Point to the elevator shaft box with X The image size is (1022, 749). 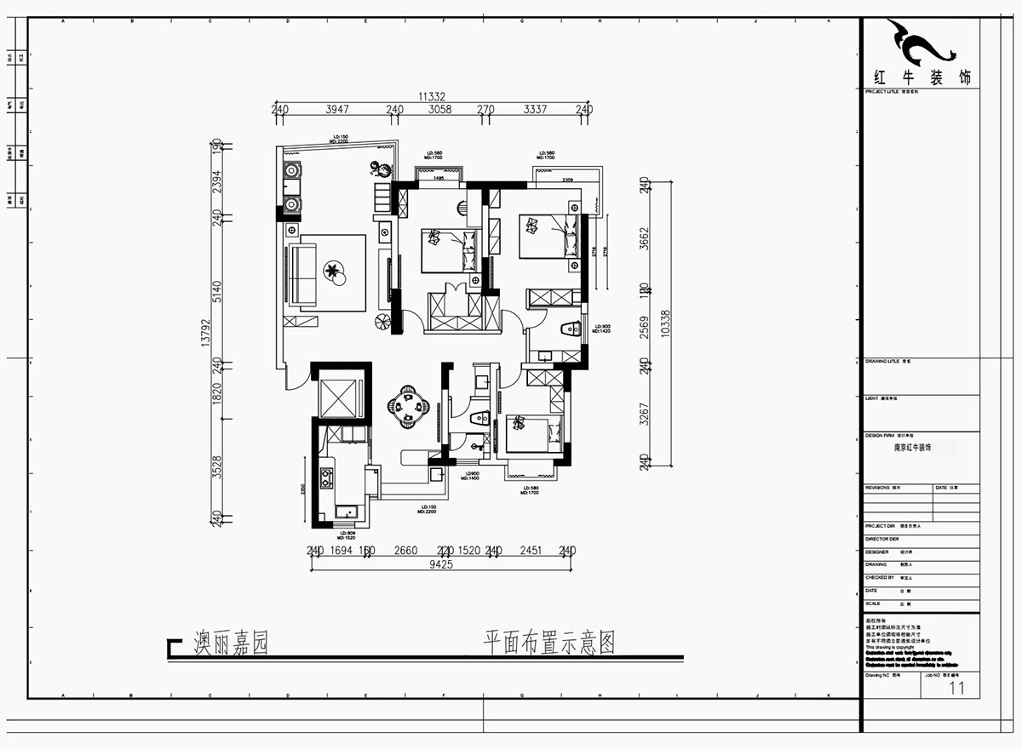pos(340,394)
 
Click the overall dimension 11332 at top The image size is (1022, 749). pos(432,97)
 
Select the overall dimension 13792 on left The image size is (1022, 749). pos(204,329)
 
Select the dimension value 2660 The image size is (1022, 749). pos(405,551)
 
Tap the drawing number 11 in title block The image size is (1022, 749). pos(956,688)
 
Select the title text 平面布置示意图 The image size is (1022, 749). pos(548,643)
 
